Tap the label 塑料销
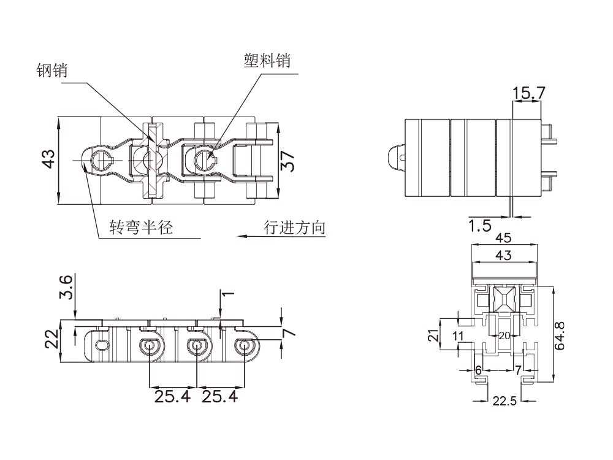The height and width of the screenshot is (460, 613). coord(267,61)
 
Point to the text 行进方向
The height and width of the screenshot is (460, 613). coord(294,228)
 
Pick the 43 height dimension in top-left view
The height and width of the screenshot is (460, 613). coord(48,158)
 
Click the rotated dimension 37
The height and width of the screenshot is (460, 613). coord(287,161)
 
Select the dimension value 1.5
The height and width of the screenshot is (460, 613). coord(480,226)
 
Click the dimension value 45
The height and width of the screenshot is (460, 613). coord(504,238)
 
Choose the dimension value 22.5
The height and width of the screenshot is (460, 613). coord(505,402)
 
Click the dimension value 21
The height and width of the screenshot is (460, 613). coord(433,335)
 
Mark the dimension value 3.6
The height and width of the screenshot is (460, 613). coord(67,287)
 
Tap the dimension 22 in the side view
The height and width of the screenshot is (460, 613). coord(52,339)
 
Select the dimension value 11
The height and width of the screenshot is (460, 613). coord(458,335)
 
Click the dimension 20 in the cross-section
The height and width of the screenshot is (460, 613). coord(504,335)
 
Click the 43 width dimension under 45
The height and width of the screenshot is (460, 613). coord(504,255)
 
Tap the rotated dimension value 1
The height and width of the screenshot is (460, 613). coord(227,294)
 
